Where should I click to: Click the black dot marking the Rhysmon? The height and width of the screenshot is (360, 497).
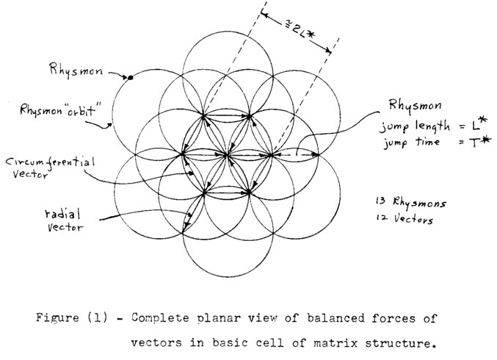[130, 77]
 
